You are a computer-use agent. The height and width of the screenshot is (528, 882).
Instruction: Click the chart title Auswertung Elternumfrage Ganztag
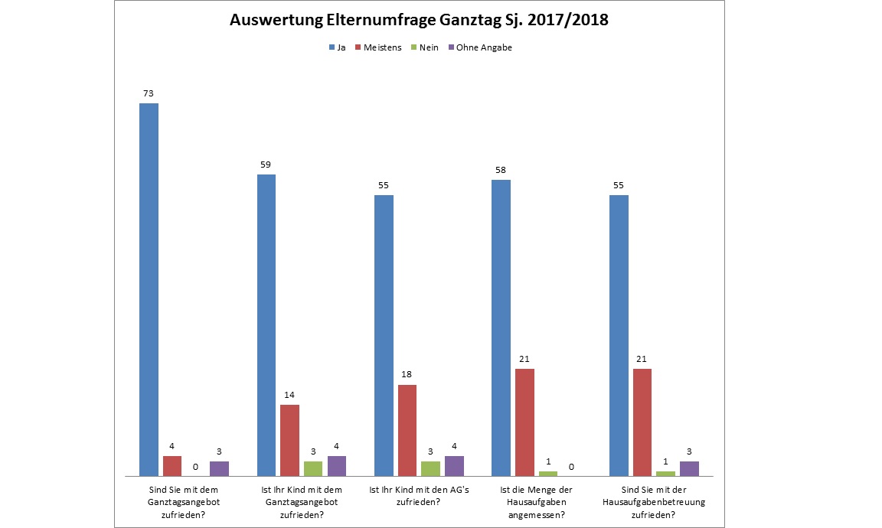pos(419,21)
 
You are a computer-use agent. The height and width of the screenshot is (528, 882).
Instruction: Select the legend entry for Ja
pos(337,47)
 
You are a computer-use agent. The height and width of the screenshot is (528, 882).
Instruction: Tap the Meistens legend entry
pos(381,47)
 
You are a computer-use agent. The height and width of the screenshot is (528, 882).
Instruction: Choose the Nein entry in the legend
pos(426,47)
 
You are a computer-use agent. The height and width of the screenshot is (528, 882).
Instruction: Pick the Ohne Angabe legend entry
pos(483,47)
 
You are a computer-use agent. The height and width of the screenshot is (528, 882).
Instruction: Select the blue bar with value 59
pos(266,325)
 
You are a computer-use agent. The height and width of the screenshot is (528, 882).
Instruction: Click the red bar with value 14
pos(289,440)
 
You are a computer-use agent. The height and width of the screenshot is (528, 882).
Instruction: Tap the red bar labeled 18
pos(407,430)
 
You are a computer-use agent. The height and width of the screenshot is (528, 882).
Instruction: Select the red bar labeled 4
pos(172,466)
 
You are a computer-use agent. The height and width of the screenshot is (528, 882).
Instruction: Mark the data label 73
pos(149,93)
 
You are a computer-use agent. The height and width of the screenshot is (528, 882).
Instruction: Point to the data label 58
pos(501,170)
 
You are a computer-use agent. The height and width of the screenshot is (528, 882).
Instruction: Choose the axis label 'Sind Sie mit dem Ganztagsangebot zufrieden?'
pos(184,502)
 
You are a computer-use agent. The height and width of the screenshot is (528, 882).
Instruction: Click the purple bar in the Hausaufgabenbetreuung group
pos(689,468)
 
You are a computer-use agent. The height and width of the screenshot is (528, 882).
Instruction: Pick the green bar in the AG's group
pos(431,468)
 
